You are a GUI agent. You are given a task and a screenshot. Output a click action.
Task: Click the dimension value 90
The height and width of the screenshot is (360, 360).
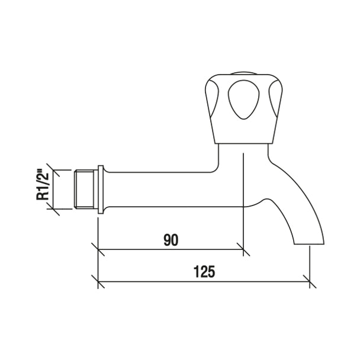point(171,240)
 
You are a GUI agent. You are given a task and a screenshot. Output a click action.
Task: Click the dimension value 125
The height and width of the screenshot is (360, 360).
point(204,272)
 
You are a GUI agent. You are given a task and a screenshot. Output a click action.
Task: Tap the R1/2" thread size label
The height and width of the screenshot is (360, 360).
point(43,185)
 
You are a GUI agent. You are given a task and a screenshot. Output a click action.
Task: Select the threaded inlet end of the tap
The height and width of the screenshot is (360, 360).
point(84,189)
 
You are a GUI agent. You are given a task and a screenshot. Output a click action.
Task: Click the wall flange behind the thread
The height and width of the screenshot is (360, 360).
point(101,189)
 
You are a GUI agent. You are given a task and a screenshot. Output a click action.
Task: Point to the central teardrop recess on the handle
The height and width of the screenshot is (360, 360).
point(243,99)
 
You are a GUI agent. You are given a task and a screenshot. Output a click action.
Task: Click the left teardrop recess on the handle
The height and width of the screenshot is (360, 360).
point(212,98)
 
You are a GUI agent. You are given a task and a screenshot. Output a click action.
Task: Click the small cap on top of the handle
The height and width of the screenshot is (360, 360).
point(243,73)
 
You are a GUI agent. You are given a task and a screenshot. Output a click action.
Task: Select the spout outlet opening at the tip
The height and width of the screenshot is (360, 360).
point(309,244)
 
